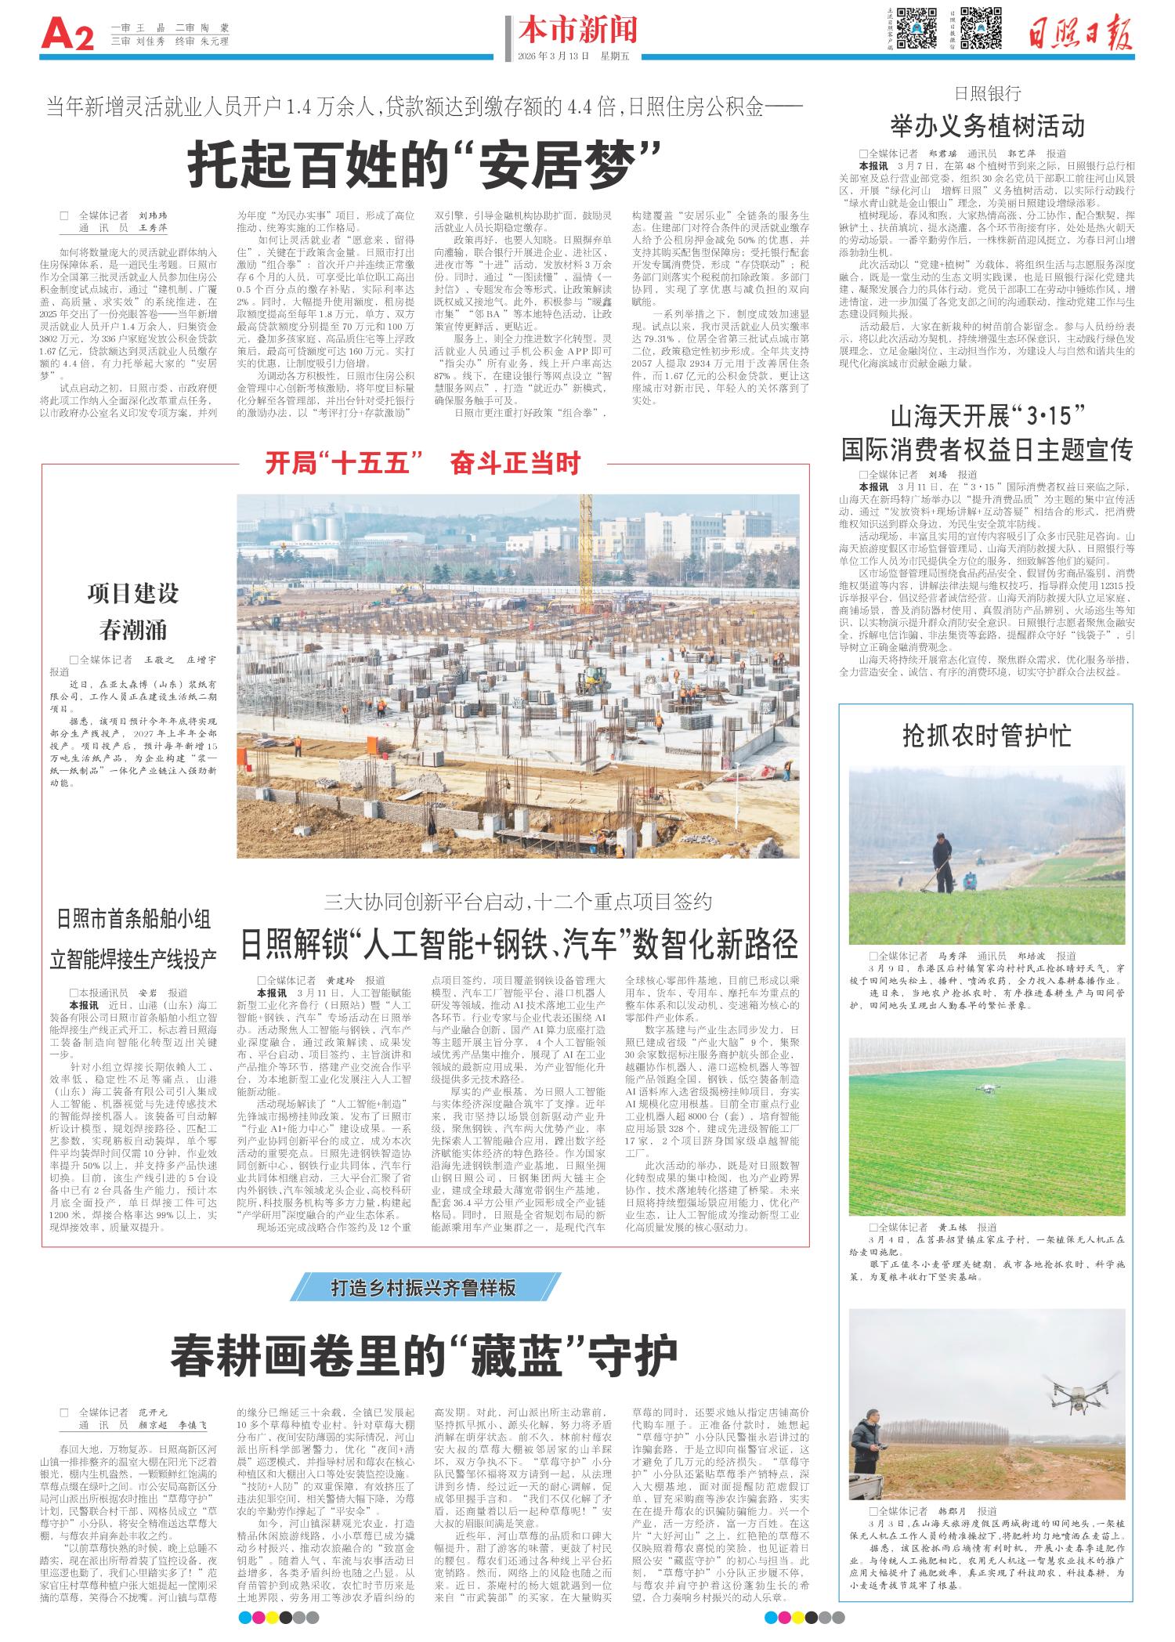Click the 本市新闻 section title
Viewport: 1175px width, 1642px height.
(577, 29)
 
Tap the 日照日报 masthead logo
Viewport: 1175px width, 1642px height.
(1080, 31)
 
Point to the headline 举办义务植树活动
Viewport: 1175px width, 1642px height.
(987, 125)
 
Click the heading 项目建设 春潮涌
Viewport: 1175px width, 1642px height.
(133, 611)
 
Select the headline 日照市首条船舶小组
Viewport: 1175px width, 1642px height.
(133, 918)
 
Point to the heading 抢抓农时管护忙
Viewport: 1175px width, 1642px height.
(986, 736)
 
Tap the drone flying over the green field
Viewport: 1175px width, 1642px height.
(988, 1087)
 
